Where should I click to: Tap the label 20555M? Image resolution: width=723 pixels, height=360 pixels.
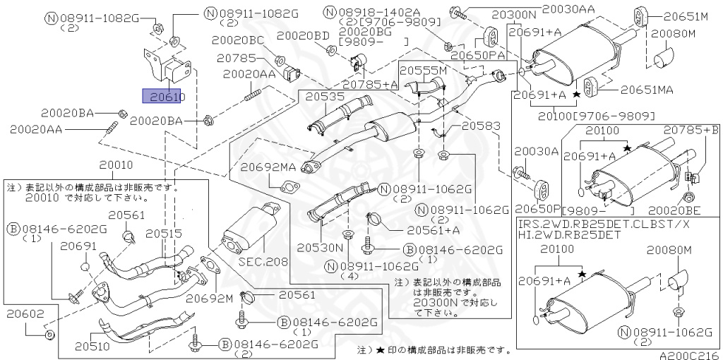424,71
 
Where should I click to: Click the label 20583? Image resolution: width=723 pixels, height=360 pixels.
482,126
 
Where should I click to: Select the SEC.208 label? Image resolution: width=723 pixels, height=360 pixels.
268,261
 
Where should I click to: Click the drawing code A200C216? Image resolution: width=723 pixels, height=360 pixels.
689,355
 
